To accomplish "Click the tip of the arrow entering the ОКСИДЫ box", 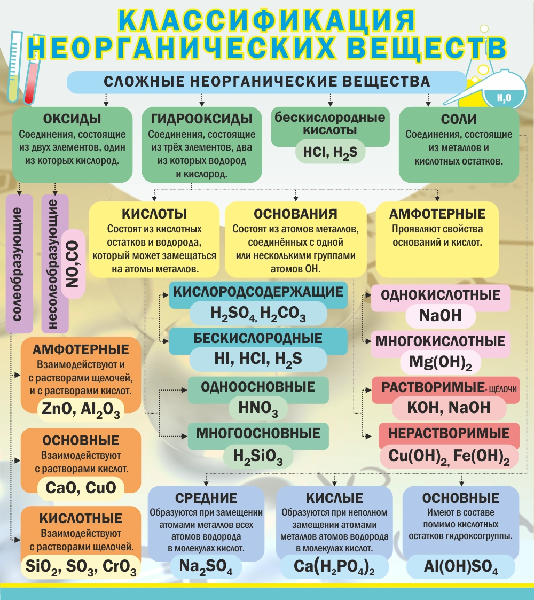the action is [106, 106].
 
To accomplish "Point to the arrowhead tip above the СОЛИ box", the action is [428, 106].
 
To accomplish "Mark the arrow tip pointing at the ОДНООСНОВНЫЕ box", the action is [187, 391].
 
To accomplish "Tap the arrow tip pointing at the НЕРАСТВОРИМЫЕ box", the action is [372, 436].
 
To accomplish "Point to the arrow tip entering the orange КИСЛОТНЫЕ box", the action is [21, 540].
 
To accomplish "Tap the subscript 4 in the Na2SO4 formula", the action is [229, 572].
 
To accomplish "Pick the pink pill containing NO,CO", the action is [73, 263].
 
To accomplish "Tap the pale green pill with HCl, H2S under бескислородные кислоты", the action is [330, 152].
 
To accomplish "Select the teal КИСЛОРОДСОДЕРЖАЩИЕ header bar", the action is [258, 292].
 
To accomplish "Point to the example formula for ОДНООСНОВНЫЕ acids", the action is [258, 408].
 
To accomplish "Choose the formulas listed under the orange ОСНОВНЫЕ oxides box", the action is [81, 488].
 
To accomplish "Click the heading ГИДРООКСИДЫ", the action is [202, 119].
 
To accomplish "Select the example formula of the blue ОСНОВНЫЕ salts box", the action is [460, 567].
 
